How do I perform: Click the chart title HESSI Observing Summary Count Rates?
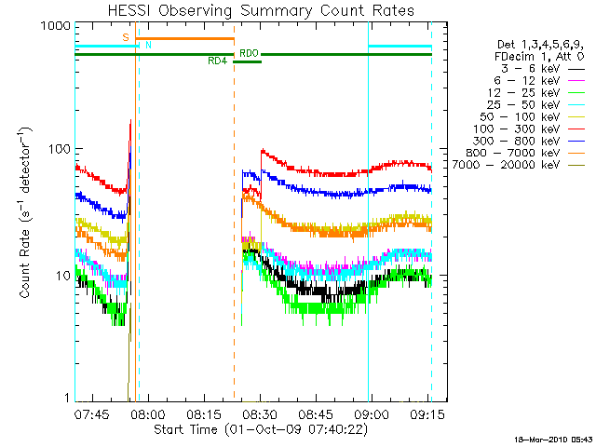point(251,10)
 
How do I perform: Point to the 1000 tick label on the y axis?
point(56,27)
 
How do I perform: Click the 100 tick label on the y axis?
point(60,149)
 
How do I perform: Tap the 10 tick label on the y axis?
point(62,276)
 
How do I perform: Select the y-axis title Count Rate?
point(27,214)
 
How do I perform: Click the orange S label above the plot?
point(125,37)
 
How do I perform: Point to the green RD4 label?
point(217,61)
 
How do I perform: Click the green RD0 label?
point(249,54)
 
